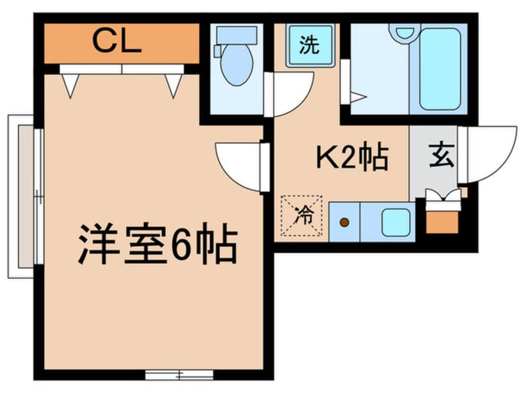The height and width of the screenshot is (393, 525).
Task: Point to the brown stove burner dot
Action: point(344,221)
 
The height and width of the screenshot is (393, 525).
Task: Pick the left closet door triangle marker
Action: point(70,85)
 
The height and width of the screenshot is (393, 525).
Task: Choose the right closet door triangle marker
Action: point(174,85)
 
